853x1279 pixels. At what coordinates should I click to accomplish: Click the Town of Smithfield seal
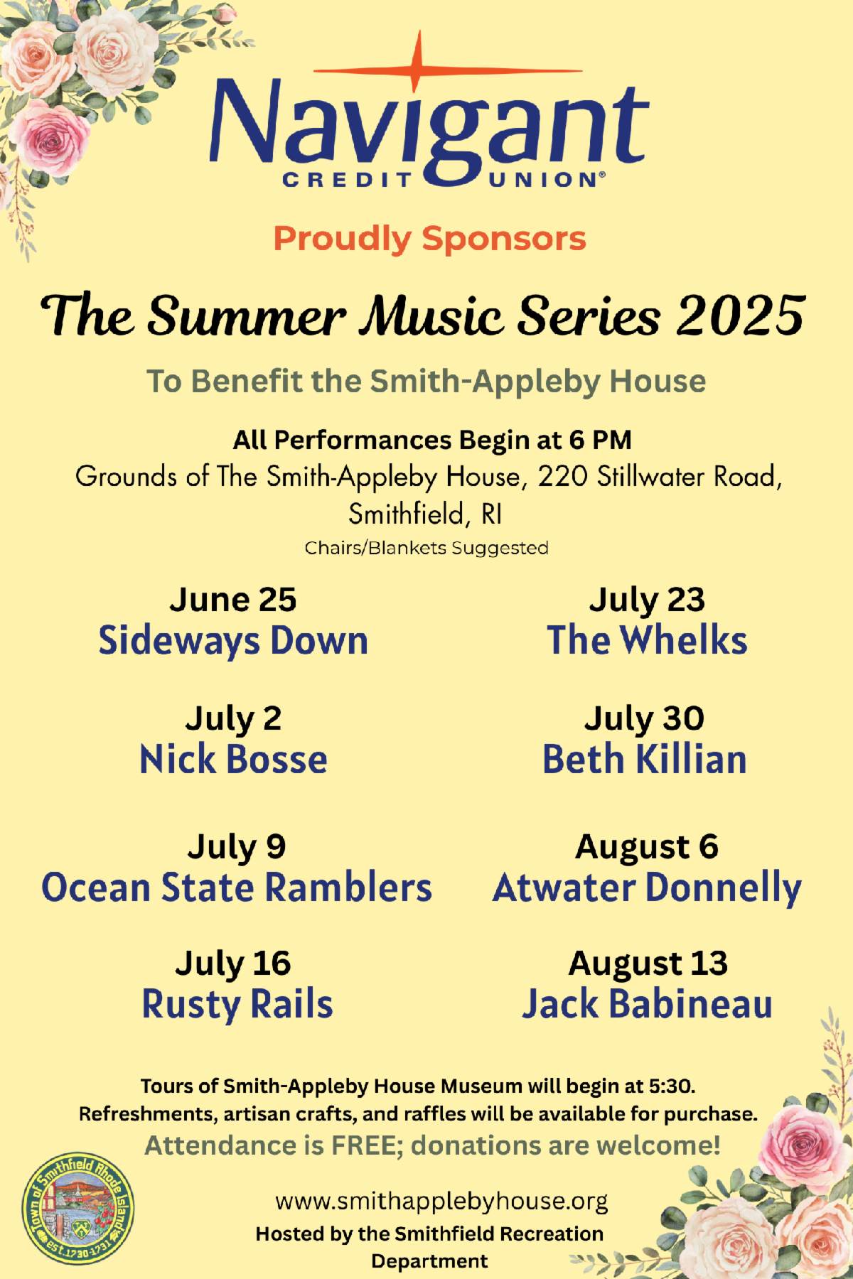tap(78, 1207)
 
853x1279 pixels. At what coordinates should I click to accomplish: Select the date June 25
tap(232, 600)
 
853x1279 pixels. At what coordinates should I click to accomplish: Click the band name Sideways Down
tap(233, 641)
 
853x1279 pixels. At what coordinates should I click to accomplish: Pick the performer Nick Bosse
tap(233, 759)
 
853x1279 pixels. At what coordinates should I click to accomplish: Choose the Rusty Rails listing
tap(237, 1005)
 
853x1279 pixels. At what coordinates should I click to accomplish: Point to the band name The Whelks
tap(647, 639)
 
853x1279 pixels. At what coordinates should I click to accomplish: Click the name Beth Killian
tap(645, 759)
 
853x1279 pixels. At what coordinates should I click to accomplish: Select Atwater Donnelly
tap(647, 888)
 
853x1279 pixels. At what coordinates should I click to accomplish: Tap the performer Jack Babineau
tap(647, 1004)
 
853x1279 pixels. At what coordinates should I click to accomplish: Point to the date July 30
tap(644, 719)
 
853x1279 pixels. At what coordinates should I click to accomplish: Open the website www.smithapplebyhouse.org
tap(441, 1202)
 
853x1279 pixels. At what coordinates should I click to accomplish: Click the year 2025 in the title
tap(740, 315)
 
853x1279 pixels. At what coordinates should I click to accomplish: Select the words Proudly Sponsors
tap(430, 239)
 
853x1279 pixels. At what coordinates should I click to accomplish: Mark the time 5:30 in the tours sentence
tap(671, 1086)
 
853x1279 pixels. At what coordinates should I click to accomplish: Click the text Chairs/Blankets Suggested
tap(426, 549)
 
